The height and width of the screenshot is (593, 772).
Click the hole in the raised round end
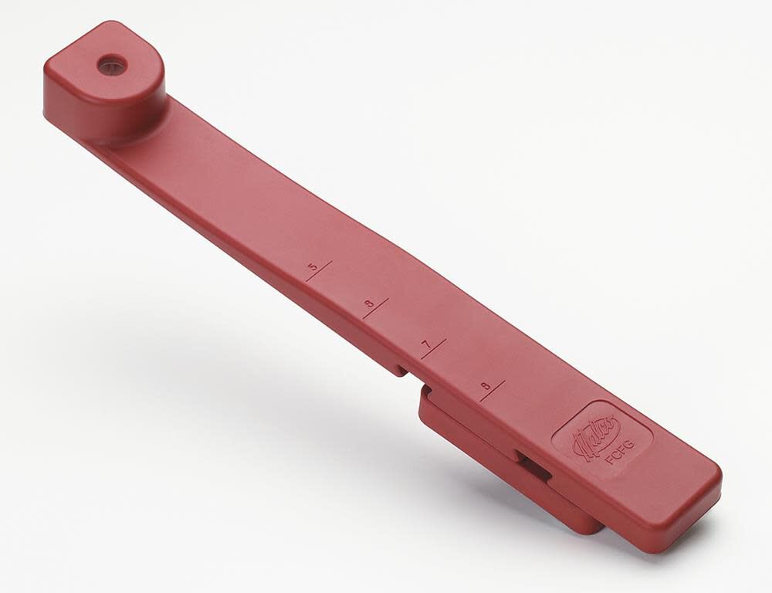coord(112,64)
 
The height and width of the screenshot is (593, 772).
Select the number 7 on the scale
coord(425,345)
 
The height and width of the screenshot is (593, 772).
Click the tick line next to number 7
coord(435,348)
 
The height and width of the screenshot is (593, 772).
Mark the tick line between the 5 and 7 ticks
coord(378,308)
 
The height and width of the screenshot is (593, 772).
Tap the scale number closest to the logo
coord(483,385)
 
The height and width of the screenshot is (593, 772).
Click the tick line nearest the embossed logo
coord(493,390)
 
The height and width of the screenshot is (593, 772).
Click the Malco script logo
coord(594,429)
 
